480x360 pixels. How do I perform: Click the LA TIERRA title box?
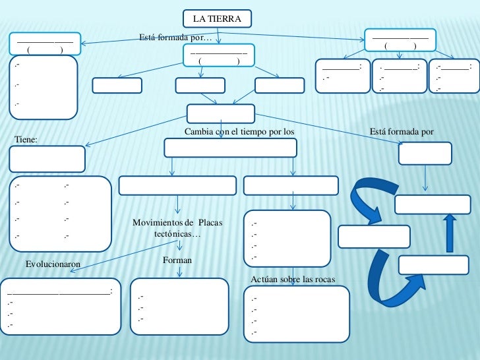[x=217, y=16]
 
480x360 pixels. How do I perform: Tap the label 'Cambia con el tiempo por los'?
[x=239, y=132]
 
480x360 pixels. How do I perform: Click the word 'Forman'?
[x=177, y=261]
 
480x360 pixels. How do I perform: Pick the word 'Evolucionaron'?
[x=53, y=264]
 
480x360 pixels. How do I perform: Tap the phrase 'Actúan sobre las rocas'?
[x=293, y=280]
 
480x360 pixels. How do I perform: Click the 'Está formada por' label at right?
[x=402, y=132]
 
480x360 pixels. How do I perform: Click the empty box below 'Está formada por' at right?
[x=425, y=153]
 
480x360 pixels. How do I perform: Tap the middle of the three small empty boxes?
[x=200, y=86]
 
